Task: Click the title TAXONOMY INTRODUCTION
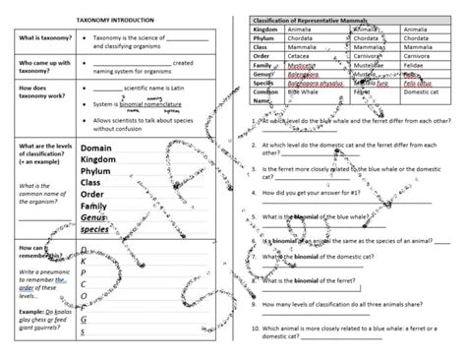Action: pyautogui.click(x=116, y=19)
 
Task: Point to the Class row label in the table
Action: pyautogui.click(x=253, y=46)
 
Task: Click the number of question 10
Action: pyautogui.click(x=255, y=329)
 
